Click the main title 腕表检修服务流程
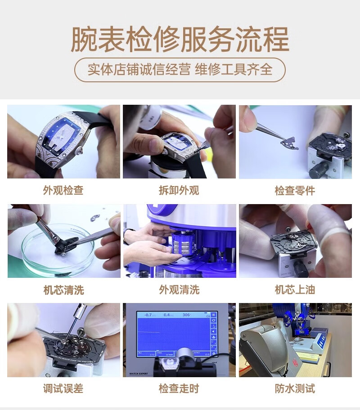pyautogui.click(x=180, y=39)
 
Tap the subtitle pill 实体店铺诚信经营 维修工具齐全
pyautogui.click(x=180, y=70)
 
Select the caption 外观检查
pyautogui.click(x=63, y=190)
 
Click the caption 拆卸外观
pyautogui.click(x=179, y=190)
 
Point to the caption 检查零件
pyautogui.click(x=295, y=191)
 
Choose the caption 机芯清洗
pyautogui.click(x=63, y=290)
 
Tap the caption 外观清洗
pyautogui.click(x=180, y=290)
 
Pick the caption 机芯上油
pyautogui.click(x=295, y=290)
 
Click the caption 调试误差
pyautogui.click(x=63, y=388)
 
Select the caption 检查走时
pyautogui.click(x=179, y=388)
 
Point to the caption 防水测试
pyautogui.click(x=295, y=388)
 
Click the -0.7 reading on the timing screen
pyautogui.click(x=148, y=315)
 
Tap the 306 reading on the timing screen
pyautogui.click(x=186, y=315)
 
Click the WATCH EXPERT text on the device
pyautogui.click(x=139, y=374)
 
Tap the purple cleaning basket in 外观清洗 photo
pyautogui.click(x=183, y=243)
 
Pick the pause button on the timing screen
pyautogui.click(x=213, y=315)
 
